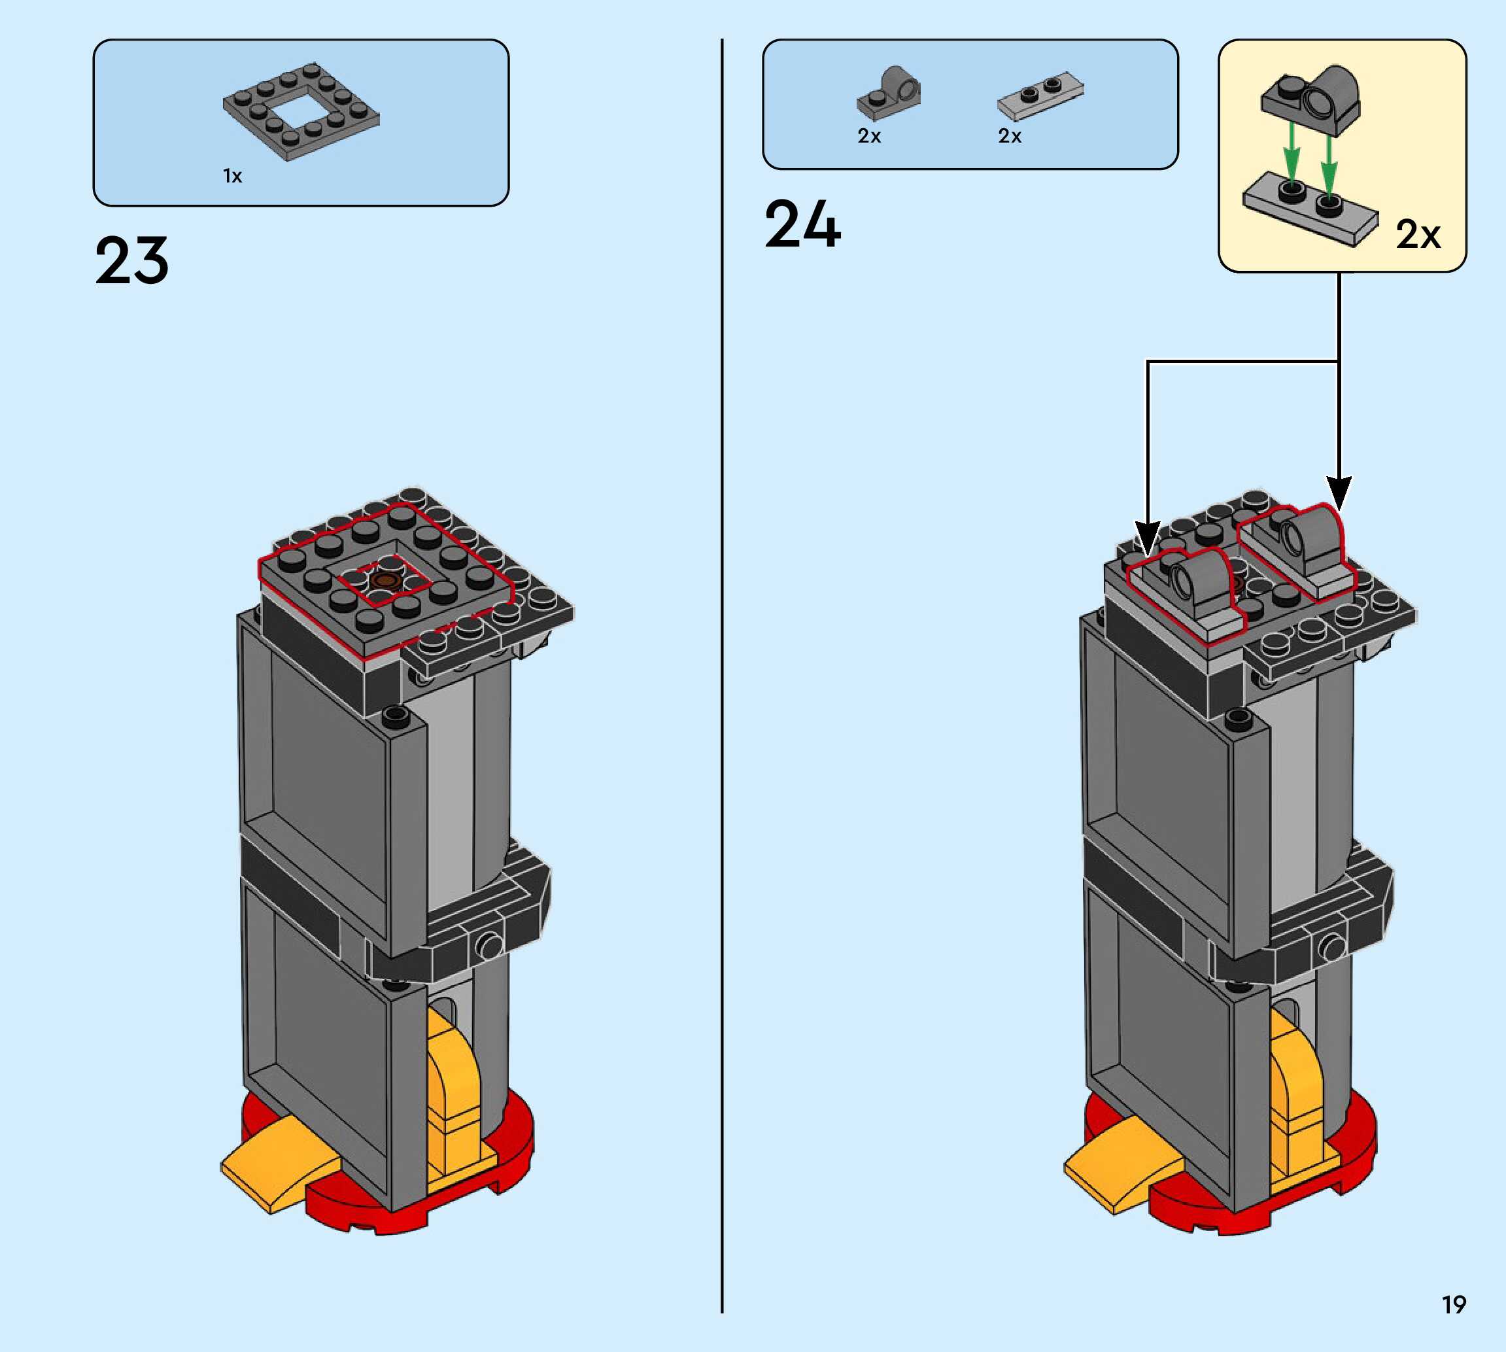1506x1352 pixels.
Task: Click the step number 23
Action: [x=131, y=261]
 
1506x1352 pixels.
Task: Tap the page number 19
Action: [x=1453, y=1304]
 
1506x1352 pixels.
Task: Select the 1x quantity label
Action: [x=232, y=176]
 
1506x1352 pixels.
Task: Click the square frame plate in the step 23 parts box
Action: [x=301, y=111]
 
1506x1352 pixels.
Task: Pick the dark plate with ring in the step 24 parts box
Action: [x=889, y=94]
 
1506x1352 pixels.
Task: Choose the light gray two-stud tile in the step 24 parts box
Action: [x=1040, y=97]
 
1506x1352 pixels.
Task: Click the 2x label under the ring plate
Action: [x=869, y=136]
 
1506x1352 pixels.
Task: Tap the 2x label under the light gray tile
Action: [x=1009, y=136]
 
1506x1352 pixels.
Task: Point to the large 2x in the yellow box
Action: [x=1417, y=235]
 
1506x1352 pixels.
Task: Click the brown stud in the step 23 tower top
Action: [x=384, y=580]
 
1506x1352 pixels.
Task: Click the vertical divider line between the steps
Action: [x=721, y=668]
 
